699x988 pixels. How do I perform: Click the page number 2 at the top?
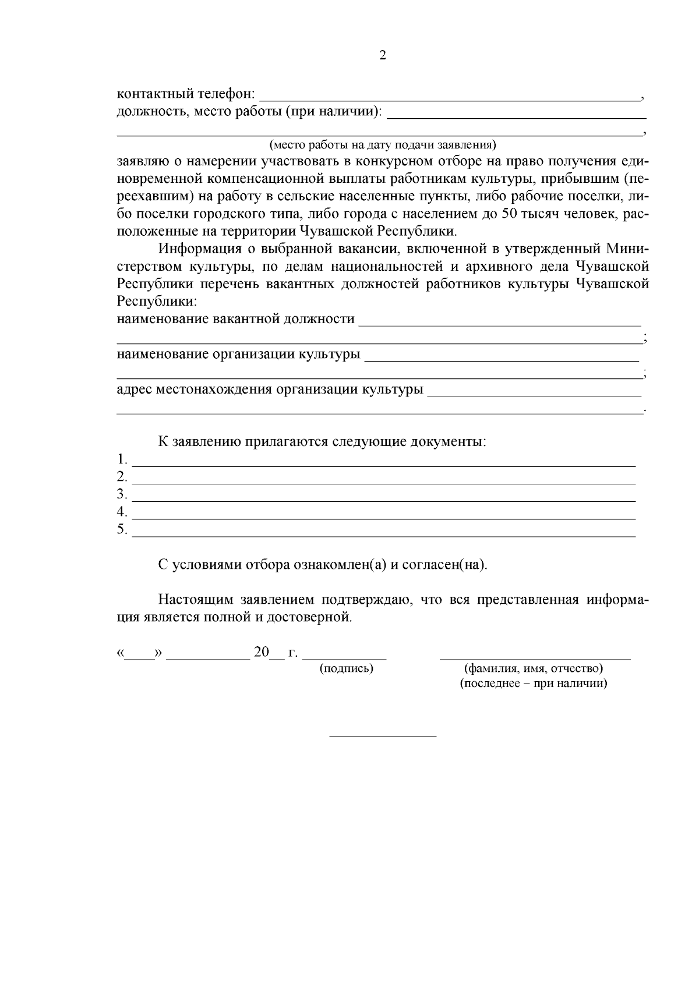(x=383, y=56)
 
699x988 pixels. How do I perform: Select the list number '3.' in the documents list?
(x=122, y=494)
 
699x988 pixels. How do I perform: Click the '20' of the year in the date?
(x=262, y=652)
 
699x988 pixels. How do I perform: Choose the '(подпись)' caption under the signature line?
(x=347, y=668)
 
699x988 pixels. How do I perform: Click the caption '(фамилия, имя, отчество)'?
(x=533, y=669)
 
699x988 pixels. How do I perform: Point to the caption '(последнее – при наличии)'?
(x=534, y=684)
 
